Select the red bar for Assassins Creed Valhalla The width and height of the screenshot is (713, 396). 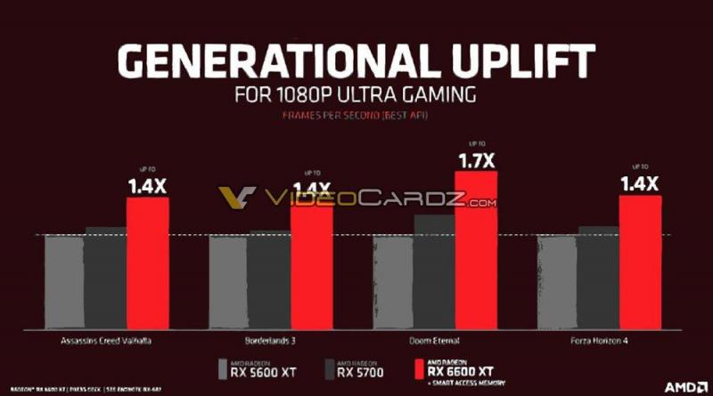coord(147,263)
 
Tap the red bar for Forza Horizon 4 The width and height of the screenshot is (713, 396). coord(640,263)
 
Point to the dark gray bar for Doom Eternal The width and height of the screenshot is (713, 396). coord(434,271)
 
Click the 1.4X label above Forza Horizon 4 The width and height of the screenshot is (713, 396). coord(640,183)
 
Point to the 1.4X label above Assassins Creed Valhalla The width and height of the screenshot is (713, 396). coord(147,185)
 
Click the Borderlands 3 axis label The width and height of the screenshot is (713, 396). coord(270,340)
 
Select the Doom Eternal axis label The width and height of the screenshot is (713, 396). coord(434,340)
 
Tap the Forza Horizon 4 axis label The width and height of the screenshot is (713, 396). coord(599,340)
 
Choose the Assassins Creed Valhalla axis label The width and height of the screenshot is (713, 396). coord(106,340)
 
